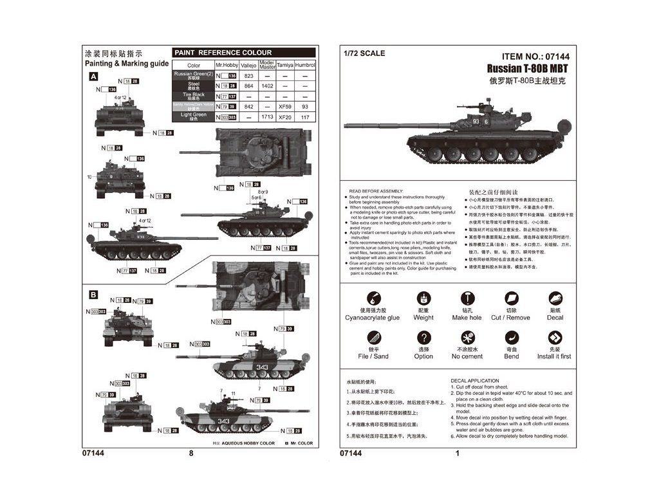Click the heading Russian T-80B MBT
pos(527,68)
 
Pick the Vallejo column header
pos(248,65)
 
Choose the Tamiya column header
pos(285,65)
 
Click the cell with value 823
pos(248,76)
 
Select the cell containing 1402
pos(267,86)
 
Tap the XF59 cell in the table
pos(285,106)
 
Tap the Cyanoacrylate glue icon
pos(372,298)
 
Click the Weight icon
pos(423,298)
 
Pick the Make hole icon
pos(467,298)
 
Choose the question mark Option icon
pos(423,337)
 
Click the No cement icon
pos(467,337)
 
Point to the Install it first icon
pos(554,337)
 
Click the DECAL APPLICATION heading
pos(475,381)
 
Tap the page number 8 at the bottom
pos(191,453)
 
